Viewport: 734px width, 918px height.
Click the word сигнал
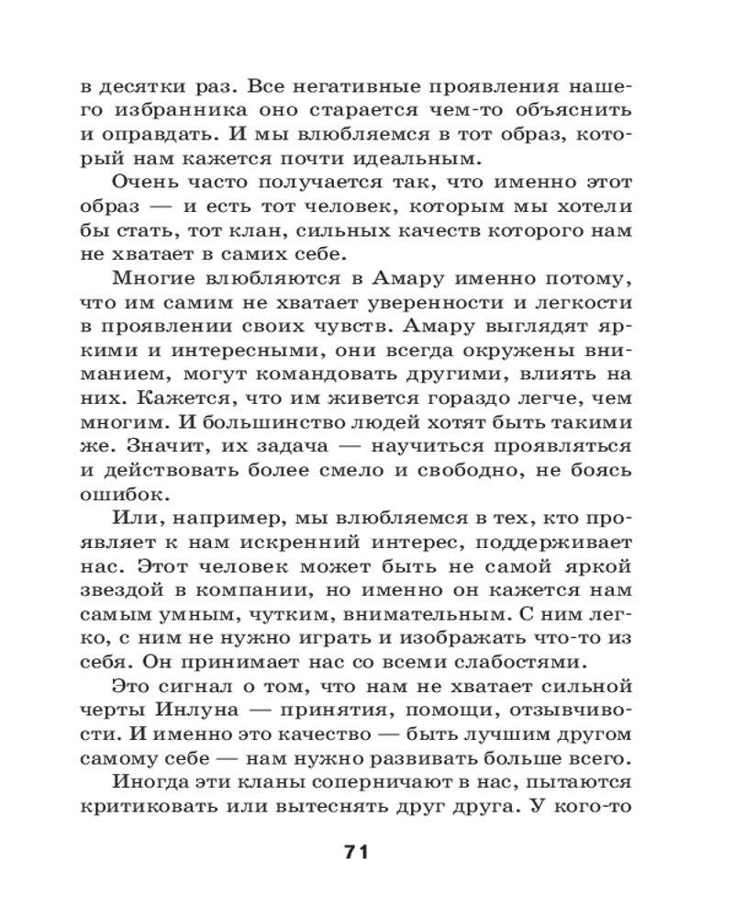coord(195,687)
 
